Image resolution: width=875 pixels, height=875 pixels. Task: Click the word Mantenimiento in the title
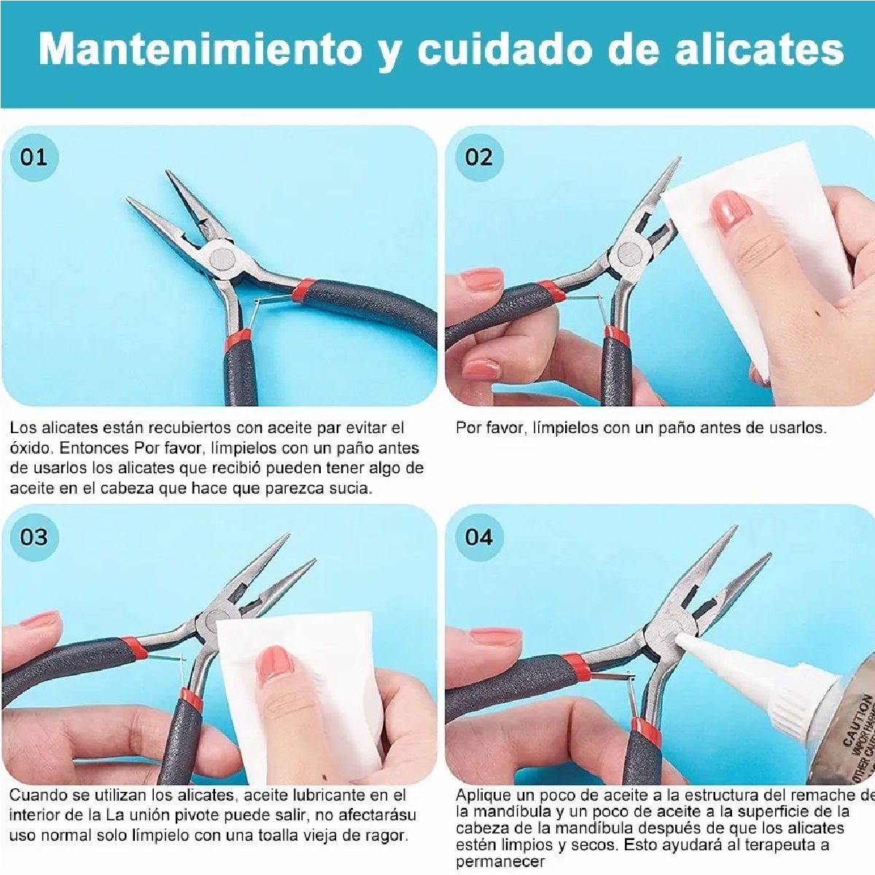pos(200,50)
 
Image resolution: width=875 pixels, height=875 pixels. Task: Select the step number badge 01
pos(34,157)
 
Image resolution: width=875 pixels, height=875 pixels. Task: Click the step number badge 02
pos(478,157)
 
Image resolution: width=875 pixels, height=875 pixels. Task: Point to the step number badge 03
pos(34,537)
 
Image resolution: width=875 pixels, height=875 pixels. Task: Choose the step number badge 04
pos(478,537)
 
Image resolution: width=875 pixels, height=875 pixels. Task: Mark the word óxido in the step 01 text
pos(31,448)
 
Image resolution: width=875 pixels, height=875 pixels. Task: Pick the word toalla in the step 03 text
pos(281,835)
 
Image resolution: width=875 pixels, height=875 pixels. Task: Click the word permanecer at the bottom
pos(500,862)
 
